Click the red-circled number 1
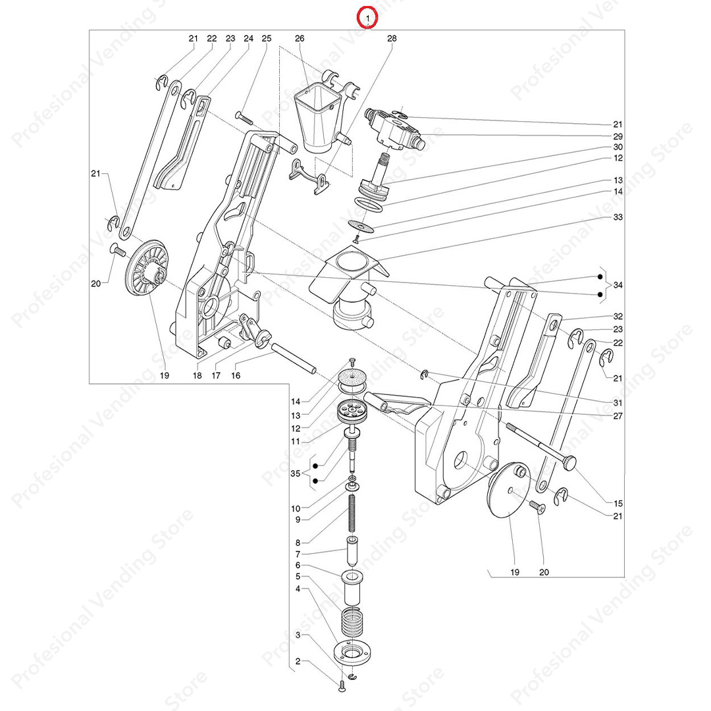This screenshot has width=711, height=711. point(367,18)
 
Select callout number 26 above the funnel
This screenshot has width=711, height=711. point(300,39)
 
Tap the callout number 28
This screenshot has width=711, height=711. point(392,39)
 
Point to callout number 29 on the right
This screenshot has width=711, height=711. point(618,136)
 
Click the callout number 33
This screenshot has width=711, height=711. point(618,217)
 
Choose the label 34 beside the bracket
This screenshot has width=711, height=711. point(618,285)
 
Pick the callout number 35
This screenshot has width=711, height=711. point(295,473)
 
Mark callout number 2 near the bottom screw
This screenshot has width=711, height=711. point(298,662)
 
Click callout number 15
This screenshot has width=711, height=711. point(618,504)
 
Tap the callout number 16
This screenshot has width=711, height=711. point(236,375)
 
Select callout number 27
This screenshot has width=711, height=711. point(618,416)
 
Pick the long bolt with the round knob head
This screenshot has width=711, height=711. point(541,445)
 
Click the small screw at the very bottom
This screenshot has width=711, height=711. point(342,687)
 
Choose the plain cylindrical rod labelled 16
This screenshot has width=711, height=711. point(294,358)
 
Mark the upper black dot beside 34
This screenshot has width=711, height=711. point(600,276)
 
